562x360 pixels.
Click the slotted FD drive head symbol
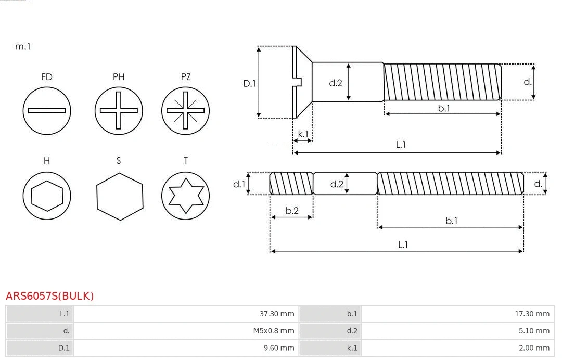[x=47, y=110]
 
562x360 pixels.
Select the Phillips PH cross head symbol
[x=119, y=110]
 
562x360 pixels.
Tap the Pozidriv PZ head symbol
[x=185, y=110]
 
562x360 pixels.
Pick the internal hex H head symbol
[x=47, y=196]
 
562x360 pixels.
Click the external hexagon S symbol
[x=119, y=196]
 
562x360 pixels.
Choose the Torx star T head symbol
[x=185, y=196]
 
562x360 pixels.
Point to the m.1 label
[x=23, y=46]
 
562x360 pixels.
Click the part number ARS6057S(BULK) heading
[x=50, y=296]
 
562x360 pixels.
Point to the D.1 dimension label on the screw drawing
[x=250, y=83]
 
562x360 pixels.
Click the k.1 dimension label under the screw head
[x=303, y=134]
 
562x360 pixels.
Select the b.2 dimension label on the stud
[x=292, y=211]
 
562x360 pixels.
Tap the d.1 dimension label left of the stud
[x=238, y=184]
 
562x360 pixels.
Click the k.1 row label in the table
[x=352, y=348]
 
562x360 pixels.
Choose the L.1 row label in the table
[x=64, y=314]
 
